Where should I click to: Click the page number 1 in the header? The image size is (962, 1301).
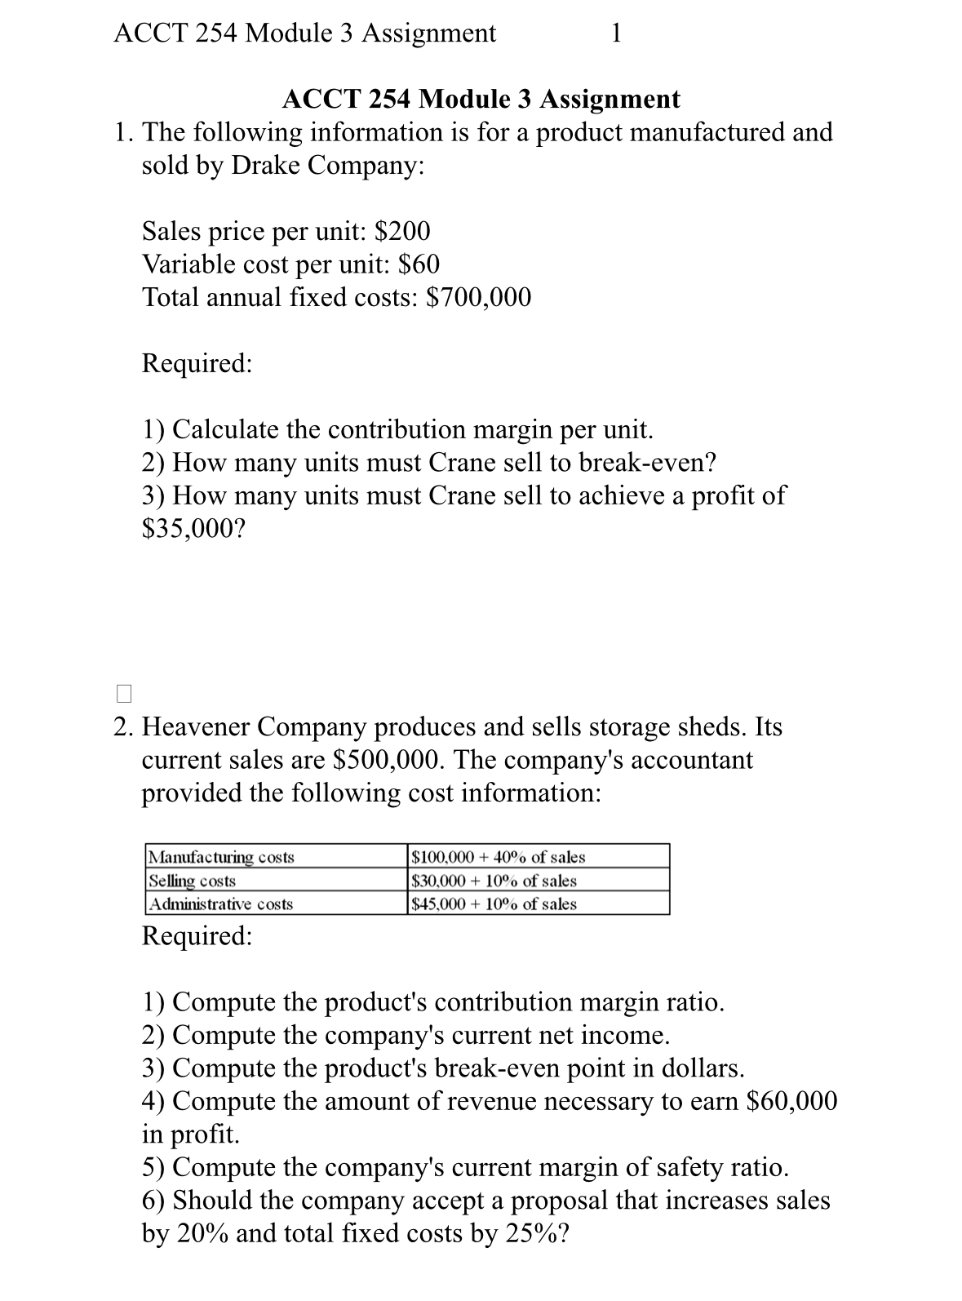[616, 33]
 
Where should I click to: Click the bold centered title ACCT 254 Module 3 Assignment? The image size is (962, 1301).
[481, 100]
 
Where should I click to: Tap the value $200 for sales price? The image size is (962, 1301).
[401, 232]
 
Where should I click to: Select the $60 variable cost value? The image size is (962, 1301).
[419, 264]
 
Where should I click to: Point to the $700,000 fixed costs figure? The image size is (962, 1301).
[479, 297]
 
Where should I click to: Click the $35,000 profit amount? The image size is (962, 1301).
[193, 529]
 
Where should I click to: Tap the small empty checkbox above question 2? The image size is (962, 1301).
[123, 694]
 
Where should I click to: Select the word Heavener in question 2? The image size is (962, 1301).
[198, 726]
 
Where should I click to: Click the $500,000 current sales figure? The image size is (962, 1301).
[388, 760]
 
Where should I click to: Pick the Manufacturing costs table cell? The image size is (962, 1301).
[222, 857]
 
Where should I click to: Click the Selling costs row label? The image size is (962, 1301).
[193, 881]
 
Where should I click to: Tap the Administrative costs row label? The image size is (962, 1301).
[222, 904]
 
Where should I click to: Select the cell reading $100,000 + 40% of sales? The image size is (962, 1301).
[499, 857]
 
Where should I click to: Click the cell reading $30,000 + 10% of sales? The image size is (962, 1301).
[494, 881]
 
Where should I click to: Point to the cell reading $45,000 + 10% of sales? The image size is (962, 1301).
[494, 904]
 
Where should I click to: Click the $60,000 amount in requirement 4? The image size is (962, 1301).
[791, 1101]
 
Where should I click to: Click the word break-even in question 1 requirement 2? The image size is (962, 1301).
[646, 463]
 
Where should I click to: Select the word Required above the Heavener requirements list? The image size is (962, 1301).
[197, 935]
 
